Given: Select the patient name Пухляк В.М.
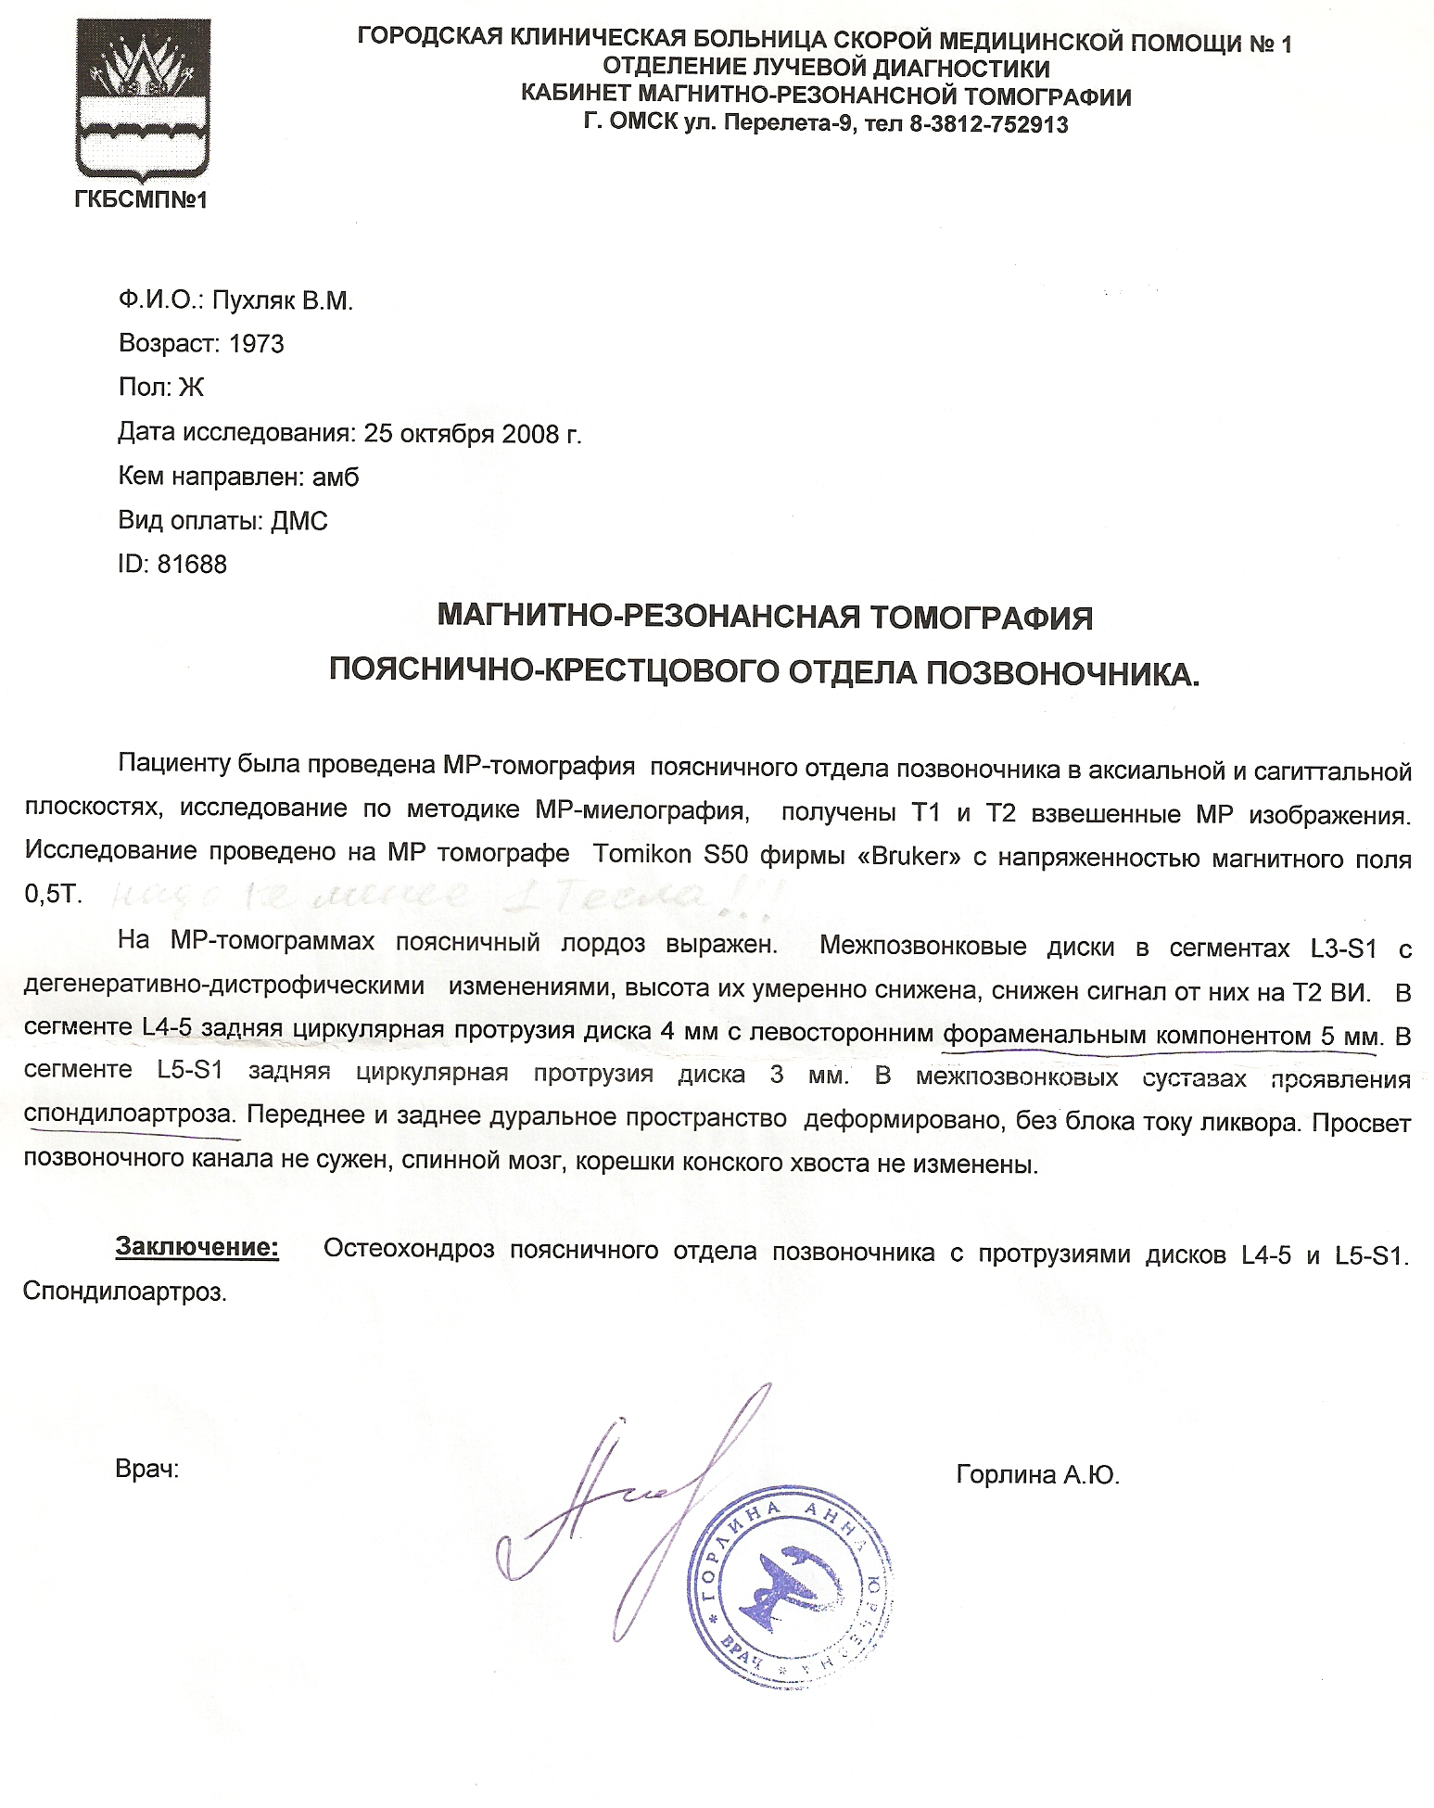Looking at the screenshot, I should click(284, 301).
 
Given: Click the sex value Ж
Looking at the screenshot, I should click(191, 388).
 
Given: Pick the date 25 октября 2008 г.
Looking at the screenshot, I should click(473, 433).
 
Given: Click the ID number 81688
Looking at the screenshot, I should click(192, 565).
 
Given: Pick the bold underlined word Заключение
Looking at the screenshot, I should click(197, 1248).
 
